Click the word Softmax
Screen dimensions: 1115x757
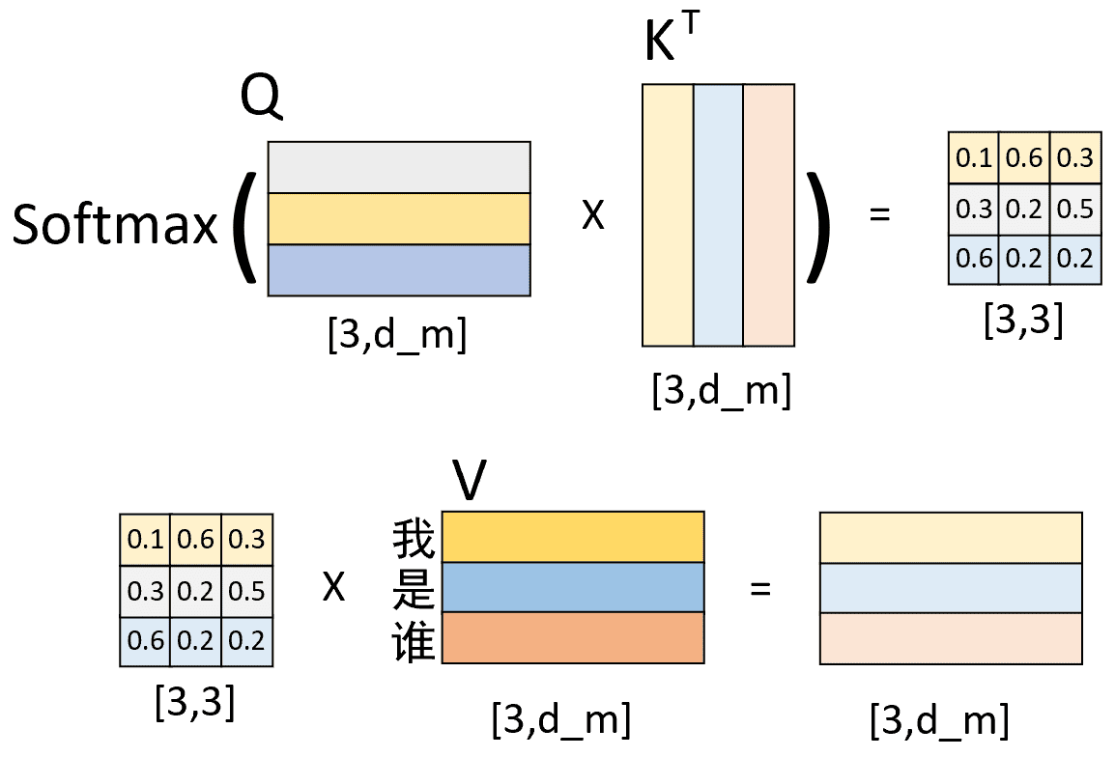coord(115,224)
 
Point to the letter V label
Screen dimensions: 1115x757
coord(470,480)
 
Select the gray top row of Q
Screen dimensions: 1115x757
coord(399,167)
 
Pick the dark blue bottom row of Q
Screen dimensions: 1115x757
coord(399,270)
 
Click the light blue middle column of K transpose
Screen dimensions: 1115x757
coord(718,215)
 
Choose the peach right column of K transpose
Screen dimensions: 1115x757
coord(769,215)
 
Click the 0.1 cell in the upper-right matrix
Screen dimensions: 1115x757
coord(974,157)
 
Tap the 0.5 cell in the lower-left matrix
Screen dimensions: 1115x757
coord(246,591)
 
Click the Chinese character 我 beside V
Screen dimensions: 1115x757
coord(414,539)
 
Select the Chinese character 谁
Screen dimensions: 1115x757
coord(414,642)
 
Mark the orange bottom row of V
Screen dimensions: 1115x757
coord(573,637)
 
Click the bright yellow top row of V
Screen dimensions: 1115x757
coord(573,537)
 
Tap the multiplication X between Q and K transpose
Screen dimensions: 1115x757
coord(593,214)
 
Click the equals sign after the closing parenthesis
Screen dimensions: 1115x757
coord(879,213)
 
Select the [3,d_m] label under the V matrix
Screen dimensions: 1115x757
coord(561,719)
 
